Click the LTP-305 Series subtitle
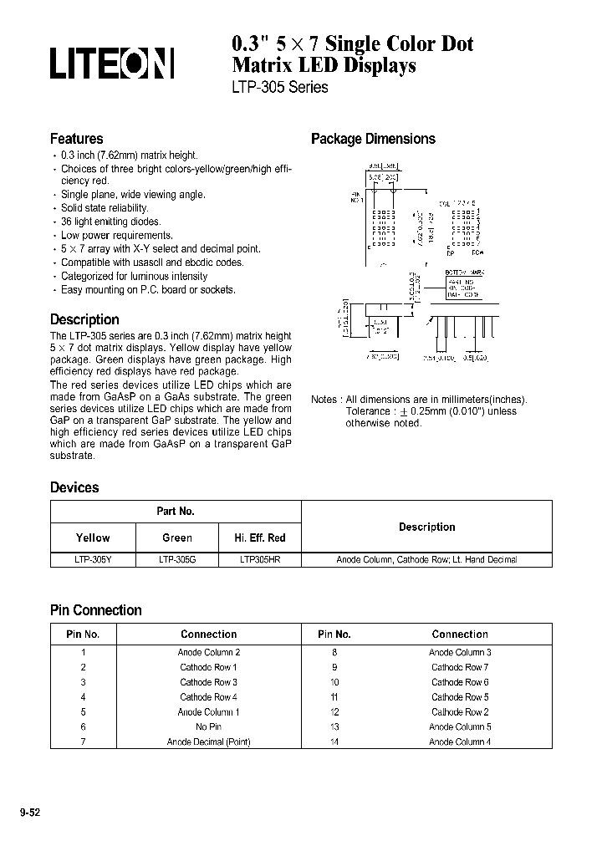coord(279,87)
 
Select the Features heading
coord(77,139)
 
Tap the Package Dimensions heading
coord(373,139)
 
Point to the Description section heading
coord(84,319)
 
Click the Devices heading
coord(74,487)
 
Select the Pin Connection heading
coord(96,610)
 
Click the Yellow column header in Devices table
coord(93,538)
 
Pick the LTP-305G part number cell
coord(176,559)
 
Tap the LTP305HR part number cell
coord(260,559)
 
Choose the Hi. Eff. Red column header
coord(260,538)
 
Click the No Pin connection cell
coord(208,726)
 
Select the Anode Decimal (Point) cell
coord(208,742)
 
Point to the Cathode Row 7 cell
coord(460,667)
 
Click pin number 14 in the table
coord(334,742)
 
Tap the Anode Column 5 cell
coord(460,726)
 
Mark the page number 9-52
coord(29,812)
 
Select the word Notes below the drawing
coord(324,400)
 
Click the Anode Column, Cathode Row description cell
coord(426,559)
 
